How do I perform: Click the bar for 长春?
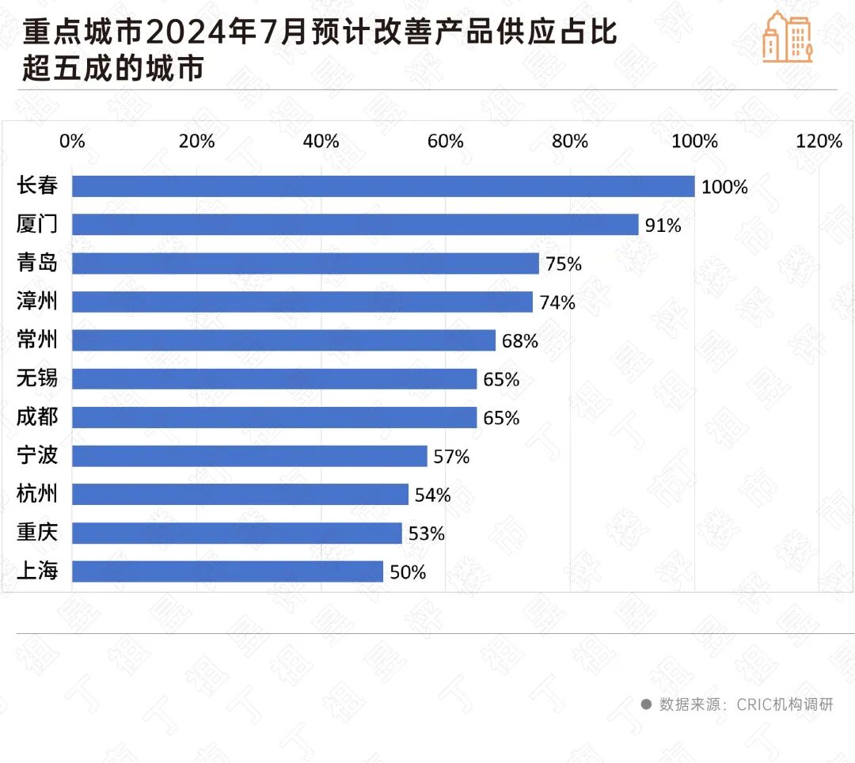[383, 186]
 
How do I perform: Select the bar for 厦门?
[355, 225]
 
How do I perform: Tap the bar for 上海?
[228, 571]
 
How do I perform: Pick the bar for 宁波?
[249, 456]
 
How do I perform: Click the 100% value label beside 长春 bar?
[724, 187]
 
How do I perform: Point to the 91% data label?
[663, 226]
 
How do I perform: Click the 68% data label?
[519, 341]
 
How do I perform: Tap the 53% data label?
[426, 533]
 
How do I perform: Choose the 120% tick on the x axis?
[819, 141]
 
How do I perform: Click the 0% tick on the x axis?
[72, 141]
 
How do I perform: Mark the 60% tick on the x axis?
[445, 141]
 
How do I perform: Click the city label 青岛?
[37, 263]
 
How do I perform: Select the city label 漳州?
[37, 302]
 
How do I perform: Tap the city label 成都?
[37, 417]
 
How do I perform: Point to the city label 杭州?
[37, 495]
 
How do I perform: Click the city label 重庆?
[37, 533]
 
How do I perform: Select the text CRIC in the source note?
[757, 704]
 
